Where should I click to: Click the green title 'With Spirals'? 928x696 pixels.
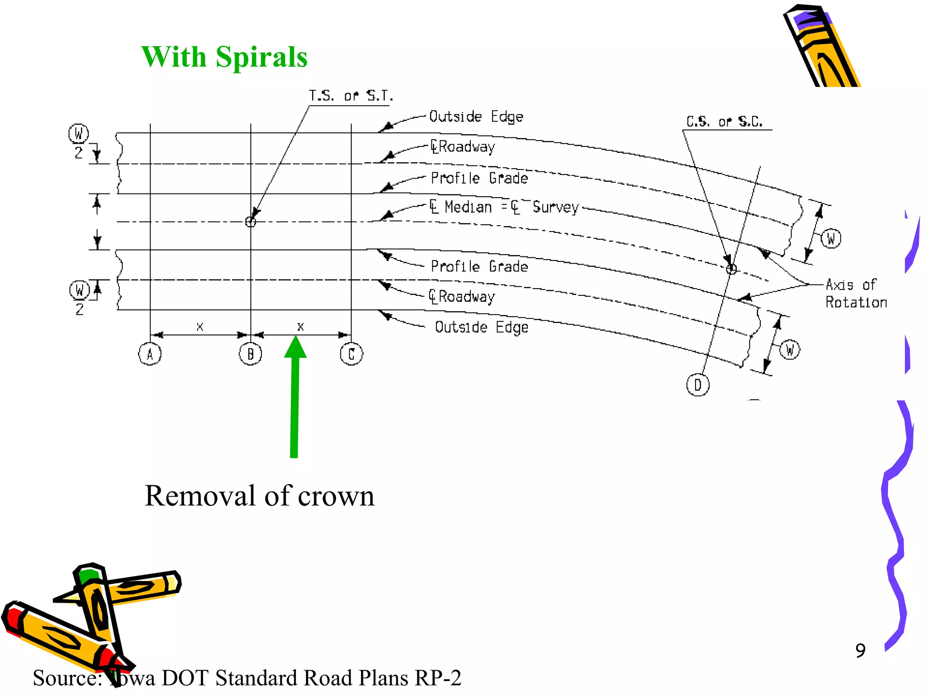coord(224,57)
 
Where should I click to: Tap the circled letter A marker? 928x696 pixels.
coord(150,354)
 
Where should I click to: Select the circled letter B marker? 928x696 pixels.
coord(251,354)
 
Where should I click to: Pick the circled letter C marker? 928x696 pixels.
coord(351,354)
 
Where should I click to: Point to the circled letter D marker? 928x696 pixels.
coord(698,385)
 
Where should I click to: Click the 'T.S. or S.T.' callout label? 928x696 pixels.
coord(351,96)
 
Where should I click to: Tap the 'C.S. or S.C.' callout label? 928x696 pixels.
coord(724,121)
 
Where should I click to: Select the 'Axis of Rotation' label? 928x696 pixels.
coord(855,293)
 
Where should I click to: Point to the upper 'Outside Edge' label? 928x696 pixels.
coord(476,117)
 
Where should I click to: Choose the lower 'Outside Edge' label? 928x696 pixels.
coord(481,327)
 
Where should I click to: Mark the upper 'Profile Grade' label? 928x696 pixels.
coord(479,178)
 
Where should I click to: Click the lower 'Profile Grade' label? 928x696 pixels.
coord(479,266)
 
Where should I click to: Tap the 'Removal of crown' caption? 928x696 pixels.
coord(259,496)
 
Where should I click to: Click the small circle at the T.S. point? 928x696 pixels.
coord(251,222)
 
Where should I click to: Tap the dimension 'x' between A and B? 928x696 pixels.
coord(200,326)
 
